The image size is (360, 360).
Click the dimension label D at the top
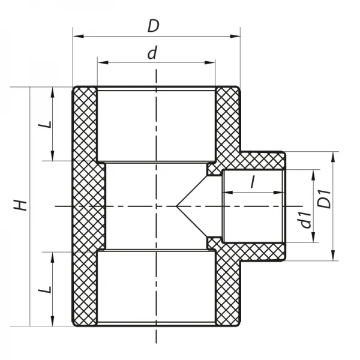coord(155,26)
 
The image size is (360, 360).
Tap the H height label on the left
coord(21,205)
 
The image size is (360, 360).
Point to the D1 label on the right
coord(325,199)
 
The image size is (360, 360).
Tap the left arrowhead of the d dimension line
coord(101,62)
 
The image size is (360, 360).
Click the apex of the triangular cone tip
coord(177,206)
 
